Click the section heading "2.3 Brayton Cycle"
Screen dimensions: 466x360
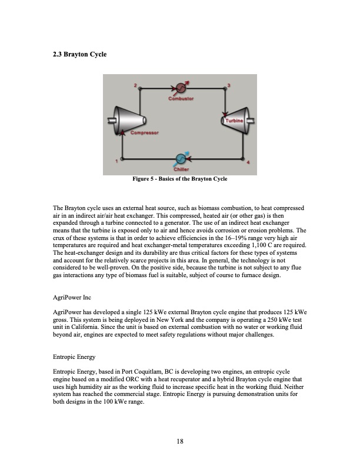tap(79, 55)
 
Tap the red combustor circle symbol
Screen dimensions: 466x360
tap(181, 88)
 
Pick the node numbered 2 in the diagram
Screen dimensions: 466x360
tap(141, 88)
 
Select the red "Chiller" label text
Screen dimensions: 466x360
tap(181, 170)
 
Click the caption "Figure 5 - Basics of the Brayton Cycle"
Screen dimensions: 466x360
tap(180, 178)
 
